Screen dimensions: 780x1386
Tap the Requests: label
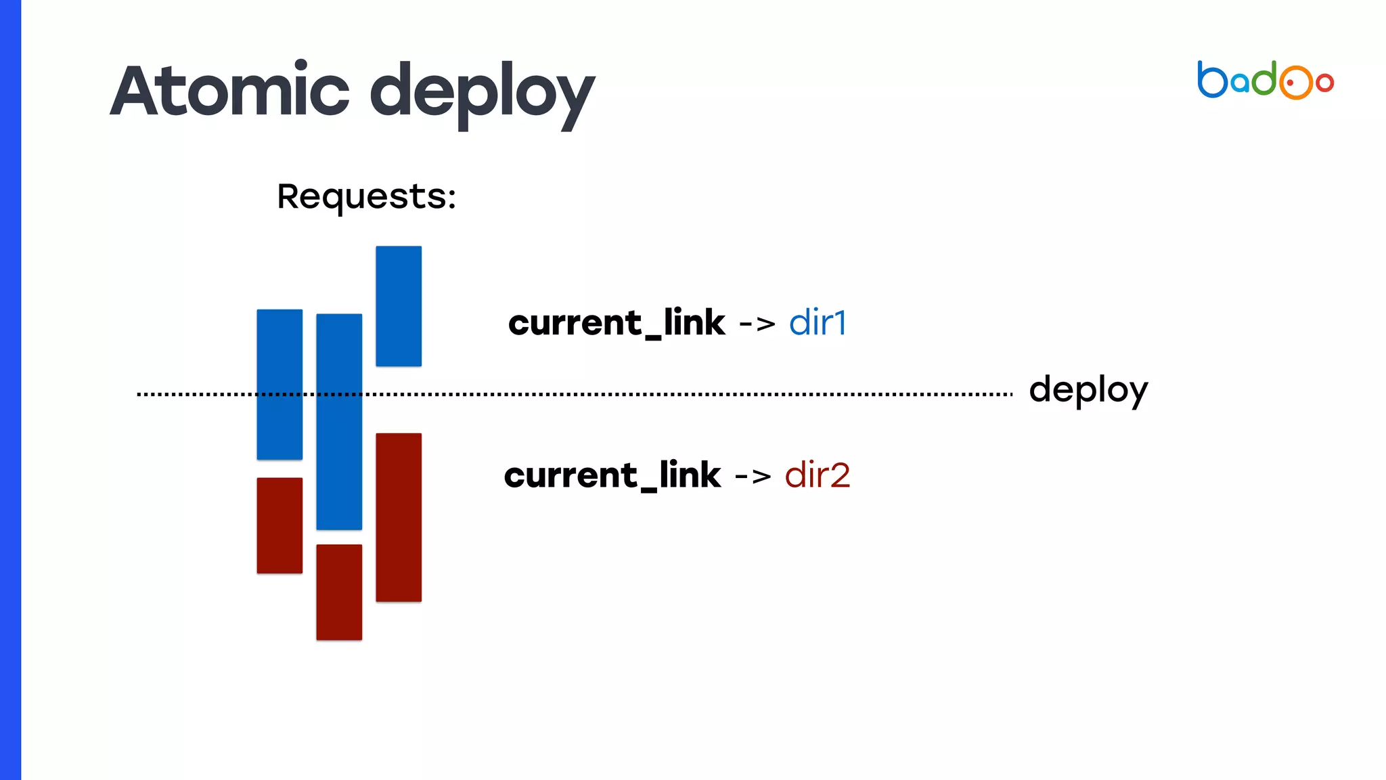coord(366,196)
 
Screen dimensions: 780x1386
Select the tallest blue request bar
coord(339,421)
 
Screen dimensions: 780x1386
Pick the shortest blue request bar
coord(399,306)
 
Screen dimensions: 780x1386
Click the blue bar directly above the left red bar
coord(280,384)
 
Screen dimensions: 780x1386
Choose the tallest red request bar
coord(399,517)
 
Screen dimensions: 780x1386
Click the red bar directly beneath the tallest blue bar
coord(339,592)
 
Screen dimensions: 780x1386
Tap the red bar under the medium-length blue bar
coord(280,525)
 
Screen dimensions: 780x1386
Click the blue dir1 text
coord(818,322)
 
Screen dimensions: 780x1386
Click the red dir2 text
coord(817,475)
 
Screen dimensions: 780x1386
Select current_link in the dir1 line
coord(617,322)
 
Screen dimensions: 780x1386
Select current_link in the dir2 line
coord(612,475)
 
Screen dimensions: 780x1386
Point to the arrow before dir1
coord(757,324)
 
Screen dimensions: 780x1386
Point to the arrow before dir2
coord(753,476)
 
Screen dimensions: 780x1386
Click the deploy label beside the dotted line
coord(1088,390)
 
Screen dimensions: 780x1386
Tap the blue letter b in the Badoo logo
coord(1212,80)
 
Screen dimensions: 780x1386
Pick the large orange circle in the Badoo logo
coord(1295,83)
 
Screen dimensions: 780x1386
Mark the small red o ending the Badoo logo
coord(1324,83)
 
